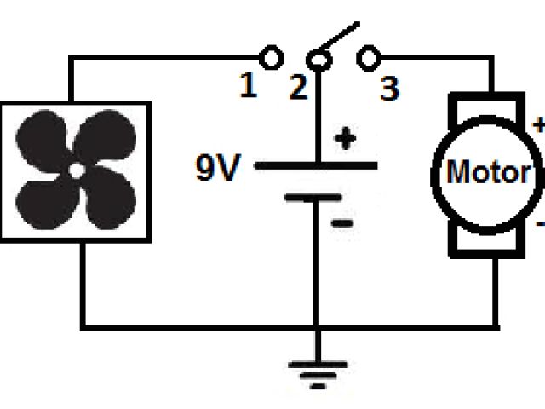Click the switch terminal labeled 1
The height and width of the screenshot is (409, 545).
[x=272, y=59]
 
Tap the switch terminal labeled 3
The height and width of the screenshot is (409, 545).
[x=368, y=59]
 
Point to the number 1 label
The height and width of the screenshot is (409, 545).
[x=248, y=87]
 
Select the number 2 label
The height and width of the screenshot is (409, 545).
[x=297, y=88]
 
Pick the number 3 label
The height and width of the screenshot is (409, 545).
[x=389, y=88]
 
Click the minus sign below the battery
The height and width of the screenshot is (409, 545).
[x=343, y=223]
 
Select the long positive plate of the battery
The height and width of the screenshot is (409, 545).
[x=316, y=164]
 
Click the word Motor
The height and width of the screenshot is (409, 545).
[x=488, y=174]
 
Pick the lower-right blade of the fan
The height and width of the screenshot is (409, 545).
[x=106, y=199]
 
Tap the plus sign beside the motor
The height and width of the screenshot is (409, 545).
[x=538, y=125]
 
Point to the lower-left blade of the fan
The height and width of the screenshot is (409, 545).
[x=46, y=200]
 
